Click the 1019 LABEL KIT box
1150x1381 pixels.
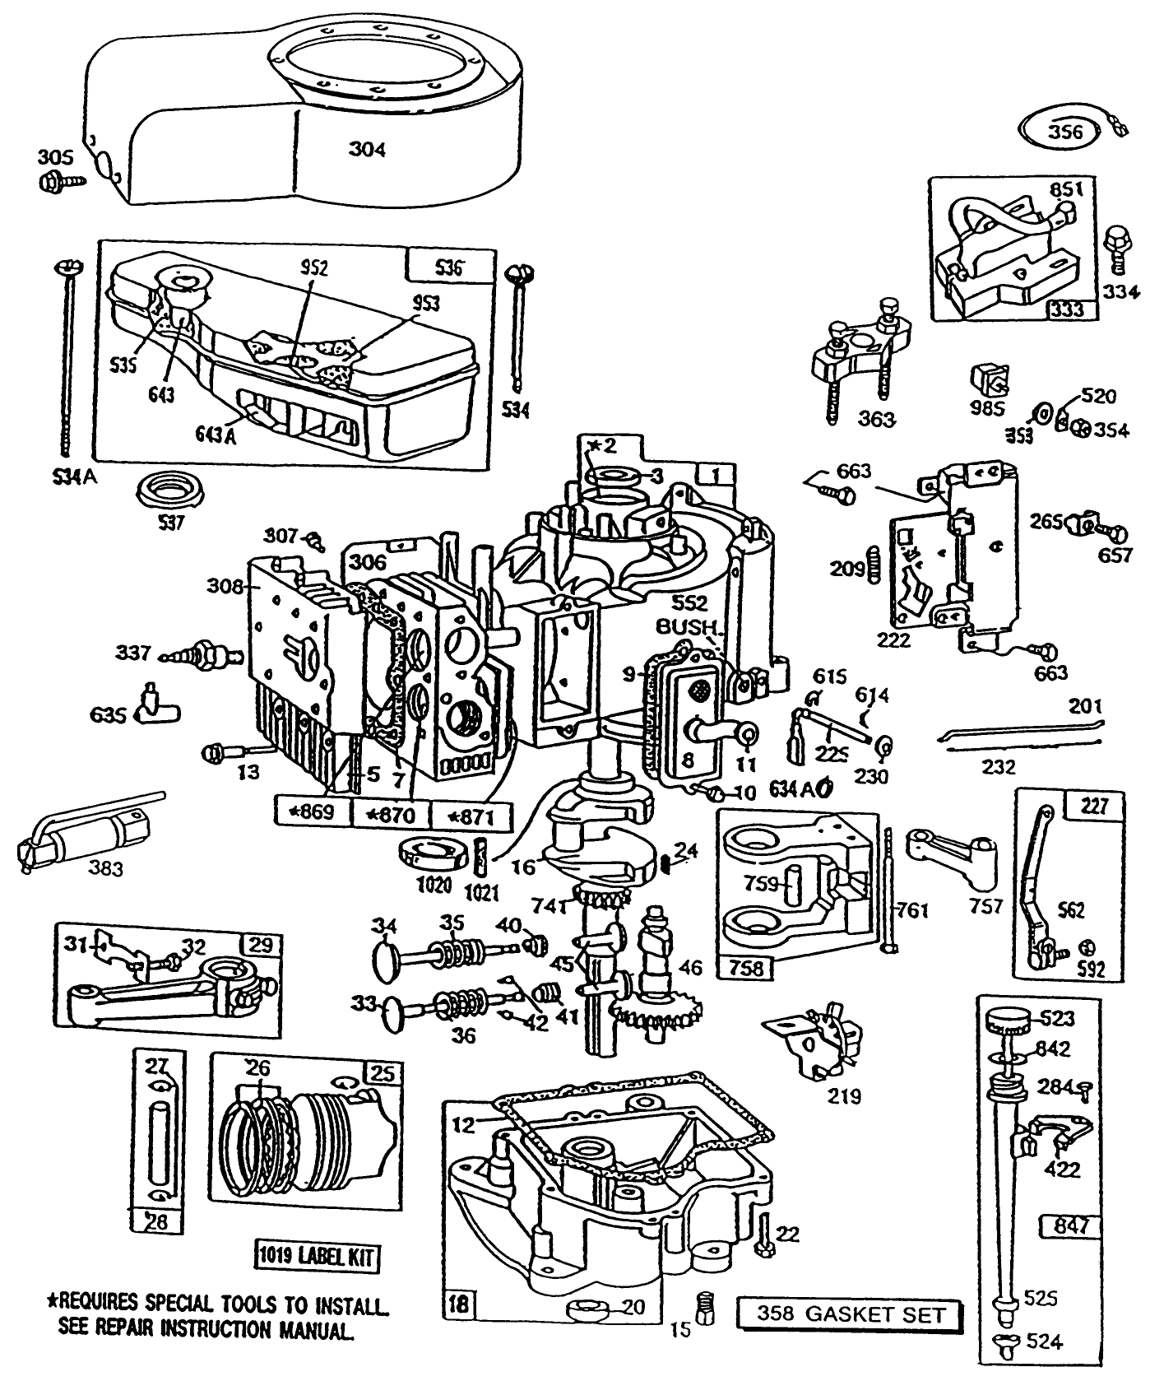(317, 1257)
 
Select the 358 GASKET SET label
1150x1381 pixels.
(850, 1314)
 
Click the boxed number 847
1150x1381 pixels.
(1069, 1226)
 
